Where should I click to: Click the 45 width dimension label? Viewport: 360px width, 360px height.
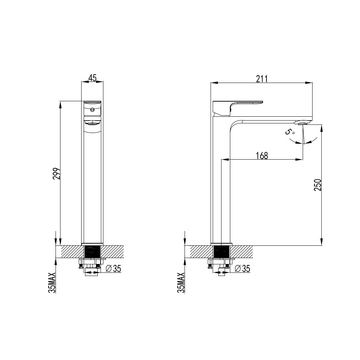click(x=92, y=78)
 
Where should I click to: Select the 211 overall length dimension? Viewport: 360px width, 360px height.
click(x=262, y=79)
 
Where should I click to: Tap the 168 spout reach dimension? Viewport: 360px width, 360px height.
click(x=262, y=155)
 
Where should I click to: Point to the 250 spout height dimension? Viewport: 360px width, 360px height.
click(x=317, y=185)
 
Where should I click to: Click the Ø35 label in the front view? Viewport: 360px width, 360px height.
click(x=113, y=269)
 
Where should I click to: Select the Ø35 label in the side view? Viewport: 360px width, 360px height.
click(x=242, y=269)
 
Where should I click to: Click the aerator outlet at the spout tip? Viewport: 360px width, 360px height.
click(x=302, y=123)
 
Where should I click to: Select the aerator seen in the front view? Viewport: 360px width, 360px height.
click(x=92, y=122)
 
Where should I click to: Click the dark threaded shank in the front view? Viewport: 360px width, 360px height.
click(x=92, y=251)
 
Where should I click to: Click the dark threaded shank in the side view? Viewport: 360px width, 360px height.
click(x=221, y=251)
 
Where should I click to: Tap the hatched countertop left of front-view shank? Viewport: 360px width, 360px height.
click(x=72, y=251)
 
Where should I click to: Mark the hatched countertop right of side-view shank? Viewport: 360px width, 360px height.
click(x=242, y=251)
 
